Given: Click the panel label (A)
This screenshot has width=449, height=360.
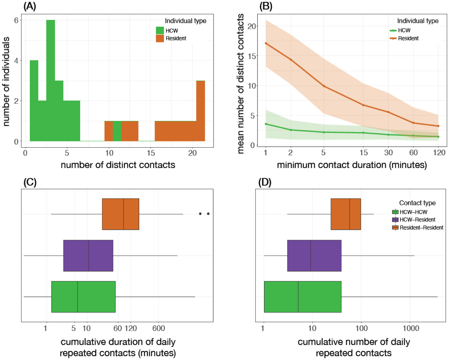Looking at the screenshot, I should pos(30,7).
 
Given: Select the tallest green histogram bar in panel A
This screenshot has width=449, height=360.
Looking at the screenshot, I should pos(51,80).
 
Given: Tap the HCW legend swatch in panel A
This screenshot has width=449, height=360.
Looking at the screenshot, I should pos(160,30).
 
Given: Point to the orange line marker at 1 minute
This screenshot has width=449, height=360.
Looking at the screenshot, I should pos(266,43).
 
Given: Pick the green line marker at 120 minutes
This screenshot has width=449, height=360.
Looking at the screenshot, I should pos(438,137).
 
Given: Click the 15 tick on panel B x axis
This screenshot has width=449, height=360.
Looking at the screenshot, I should pos(364,153).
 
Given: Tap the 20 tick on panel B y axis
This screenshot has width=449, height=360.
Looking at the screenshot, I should pos(251,26).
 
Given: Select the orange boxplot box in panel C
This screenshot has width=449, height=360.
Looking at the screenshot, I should pos(121,214).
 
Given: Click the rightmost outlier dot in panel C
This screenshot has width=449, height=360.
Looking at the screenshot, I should pos(208,214).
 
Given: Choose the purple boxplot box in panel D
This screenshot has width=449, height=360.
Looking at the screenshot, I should pos(314,256).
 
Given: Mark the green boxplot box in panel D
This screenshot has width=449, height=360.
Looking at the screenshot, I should pos(303,297).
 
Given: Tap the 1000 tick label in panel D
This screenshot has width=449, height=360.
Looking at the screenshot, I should pos(411,328).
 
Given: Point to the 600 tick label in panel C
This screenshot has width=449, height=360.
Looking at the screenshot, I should pos(159,328).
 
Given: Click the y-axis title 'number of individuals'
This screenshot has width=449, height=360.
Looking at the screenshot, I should pos(6,81).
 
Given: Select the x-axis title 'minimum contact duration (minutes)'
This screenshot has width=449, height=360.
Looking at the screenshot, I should pos(352,165).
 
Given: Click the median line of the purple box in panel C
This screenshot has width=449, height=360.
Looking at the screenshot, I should pos(89,256).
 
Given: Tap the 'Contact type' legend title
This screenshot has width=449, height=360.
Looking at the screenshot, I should pos(417,203).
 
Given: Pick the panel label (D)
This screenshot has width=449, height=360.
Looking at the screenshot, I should pos(265,182).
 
